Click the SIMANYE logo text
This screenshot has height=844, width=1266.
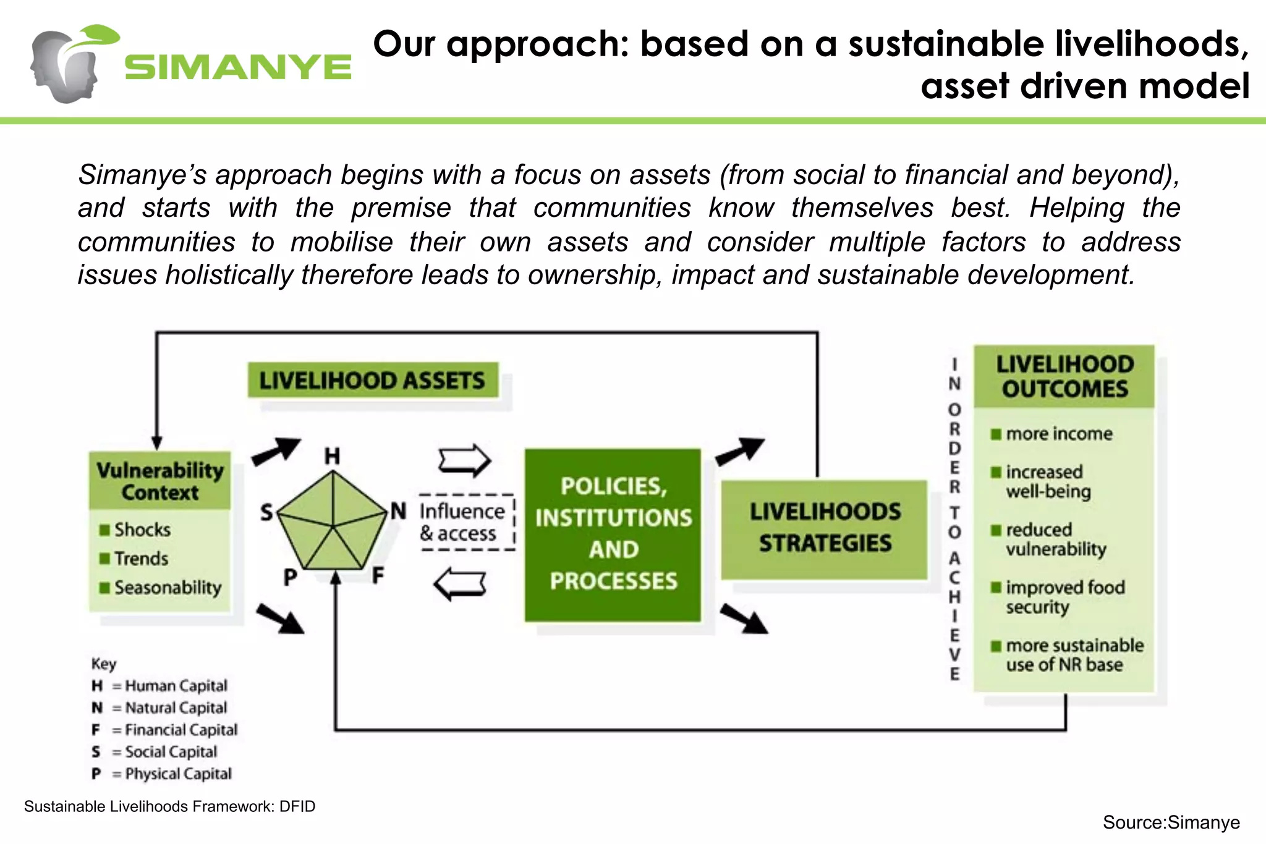click(x=238, y=67)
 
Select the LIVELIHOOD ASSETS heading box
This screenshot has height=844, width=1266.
click(x=373, y=380)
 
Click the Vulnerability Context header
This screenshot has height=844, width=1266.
click(x=160, y=481)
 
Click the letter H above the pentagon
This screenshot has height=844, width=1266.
click(x=333, y=457)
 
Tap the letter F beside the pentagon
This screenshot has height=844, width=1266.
click(x=378, y=576)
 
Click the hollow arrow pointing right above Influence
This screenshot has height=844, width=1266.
click(x=464, y=460)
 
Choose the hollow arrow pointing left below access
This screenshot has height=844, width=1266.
click(x=460, y=584)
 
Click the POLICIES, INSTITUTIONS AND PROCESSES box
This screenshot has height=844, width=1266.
click(x=613, y=534)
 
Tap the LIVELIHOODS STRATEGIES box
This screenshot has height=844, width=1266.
click(x=825, y=528)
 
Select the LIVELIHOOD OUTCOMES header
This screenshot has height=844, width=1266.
click(x=1064, y=376)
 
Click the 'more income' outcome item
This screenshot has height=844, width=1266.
click(x=1058, y=434)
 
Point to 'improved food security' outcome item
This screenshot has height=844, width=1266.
click(x=1064, y=596)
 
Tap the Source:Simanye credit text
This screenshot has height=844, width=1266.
click(x=1171, y=822)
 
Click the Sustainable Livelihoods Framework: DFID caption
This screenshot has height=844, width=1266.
click(x=169, y=806)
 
